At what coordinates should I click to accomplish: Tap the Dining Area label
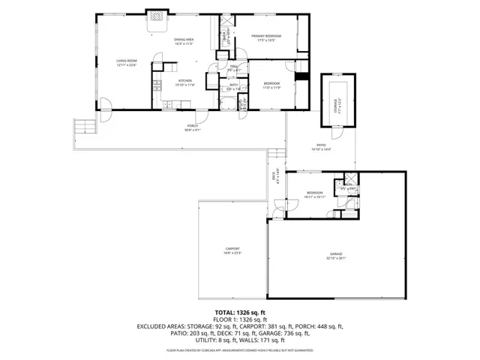(184, 40)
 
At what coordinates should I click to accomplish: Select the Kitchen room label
(184, 80)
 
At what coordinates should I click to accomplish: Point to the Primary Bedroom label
(266, 36)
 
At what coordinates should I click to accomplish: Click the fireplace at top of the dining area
(157, 17)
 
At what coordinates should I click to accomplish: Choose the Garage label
(334, 254)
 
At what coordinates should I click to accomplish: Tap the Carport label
(232, 248)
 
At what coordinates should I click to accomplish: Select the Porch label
(192, 126)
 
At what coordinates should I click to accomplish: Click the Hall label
(234, 67)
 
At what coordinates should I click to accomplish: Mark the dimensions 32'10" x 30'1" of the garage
(334, 259)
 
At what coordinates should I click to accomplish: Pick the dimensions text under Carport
(232, 253)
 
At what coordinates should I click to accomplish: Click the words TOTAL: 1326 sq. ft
(240, 312)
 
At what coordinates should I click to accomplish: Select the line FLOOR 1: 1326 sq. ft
(240, 319)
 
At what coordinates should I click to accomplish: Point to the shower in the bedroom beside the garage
(349, 184)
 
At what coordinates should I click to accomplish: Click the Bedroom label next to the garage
(313, 193)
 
